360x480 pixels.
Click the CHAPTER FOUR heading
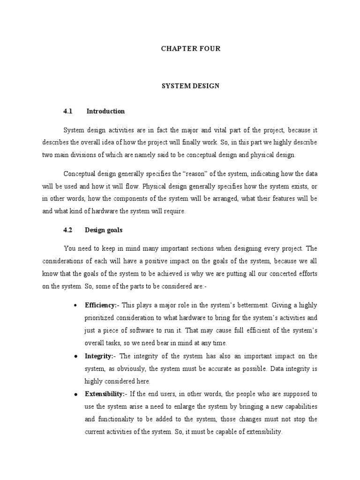click(190, 49)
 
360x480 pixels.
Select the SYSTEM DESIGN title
click(190, 86)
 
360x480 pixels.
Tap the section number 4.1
click(68, 112)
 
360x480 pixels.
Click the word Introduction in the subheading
click(105, 112)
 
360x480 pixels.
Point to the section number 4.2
click(68, 230)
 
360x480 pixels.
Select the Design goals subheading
click(104, 230)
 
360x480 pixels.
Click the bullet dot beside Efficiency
click(75, 306)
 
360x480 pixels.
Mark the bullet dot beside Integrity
click(75, 356)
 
